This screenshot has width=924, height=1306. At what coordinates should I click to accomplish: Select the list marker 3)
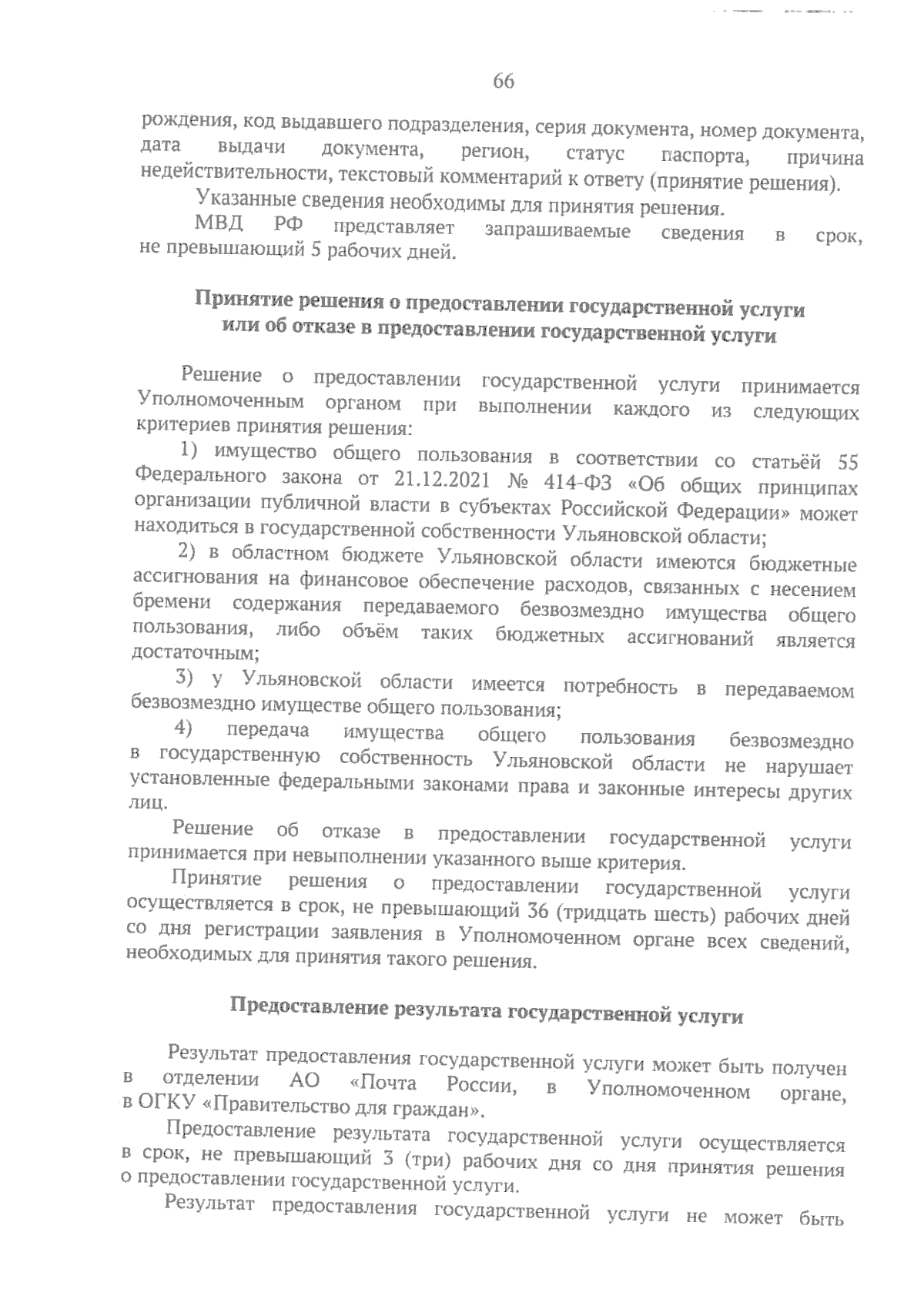(188, 678)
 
